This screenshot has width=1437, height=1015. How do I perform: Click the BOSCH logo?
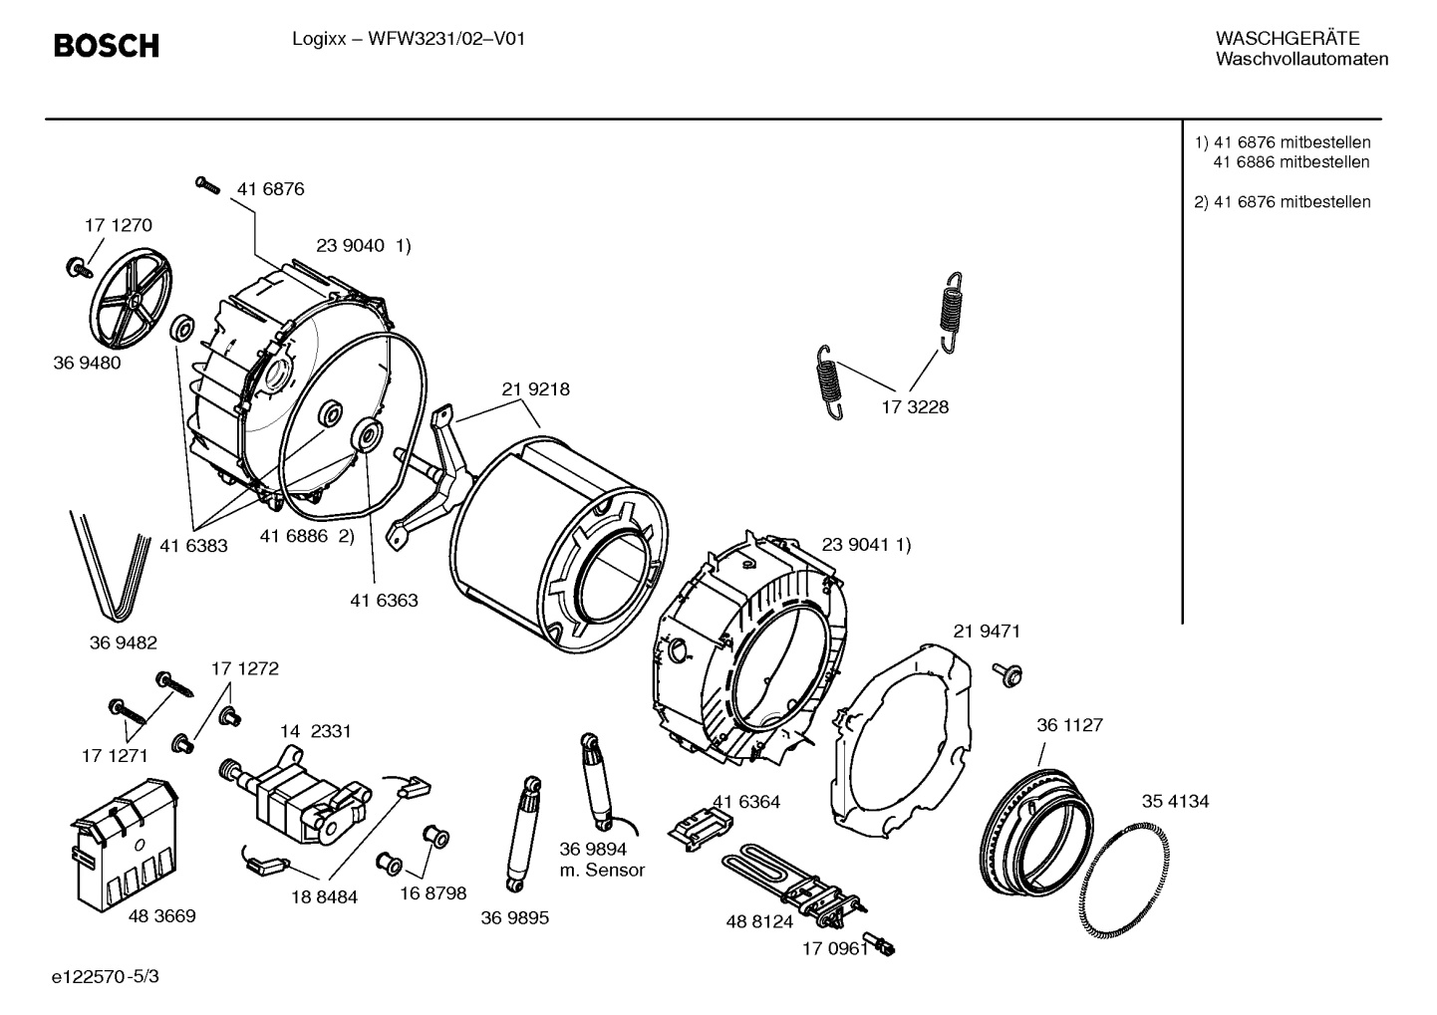(105, 45)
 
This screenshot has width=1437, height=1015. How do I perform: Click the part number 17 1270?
(118, 226)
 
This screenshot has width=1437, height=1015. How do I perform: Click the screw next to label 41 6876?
(207, 184)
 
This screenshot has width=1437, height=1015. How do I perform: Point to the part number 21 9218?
(535, 389)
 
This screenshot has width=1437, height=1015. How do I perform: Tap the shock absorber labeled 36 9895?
(523, 835)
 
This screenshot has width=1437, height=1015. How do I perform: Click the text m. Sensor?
(602, 870)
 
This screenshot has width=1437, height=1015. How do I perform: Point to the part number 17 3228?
(915, 407)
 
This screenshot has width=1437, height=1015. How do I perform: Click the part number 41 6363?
(384, 601)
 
